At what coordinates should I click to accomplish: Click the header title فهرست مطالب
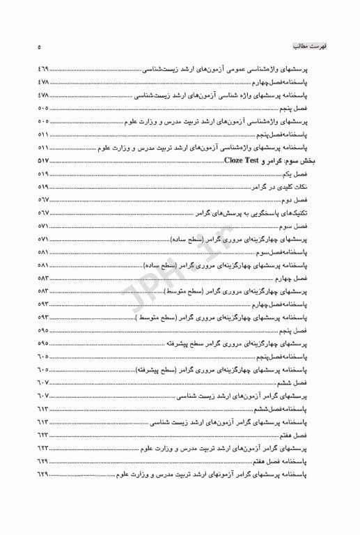pyautogui.click(x=304, y=43)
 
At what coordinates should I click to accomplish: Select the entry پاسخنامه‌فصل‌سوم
pyautogui.click(x=296, y=252)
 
